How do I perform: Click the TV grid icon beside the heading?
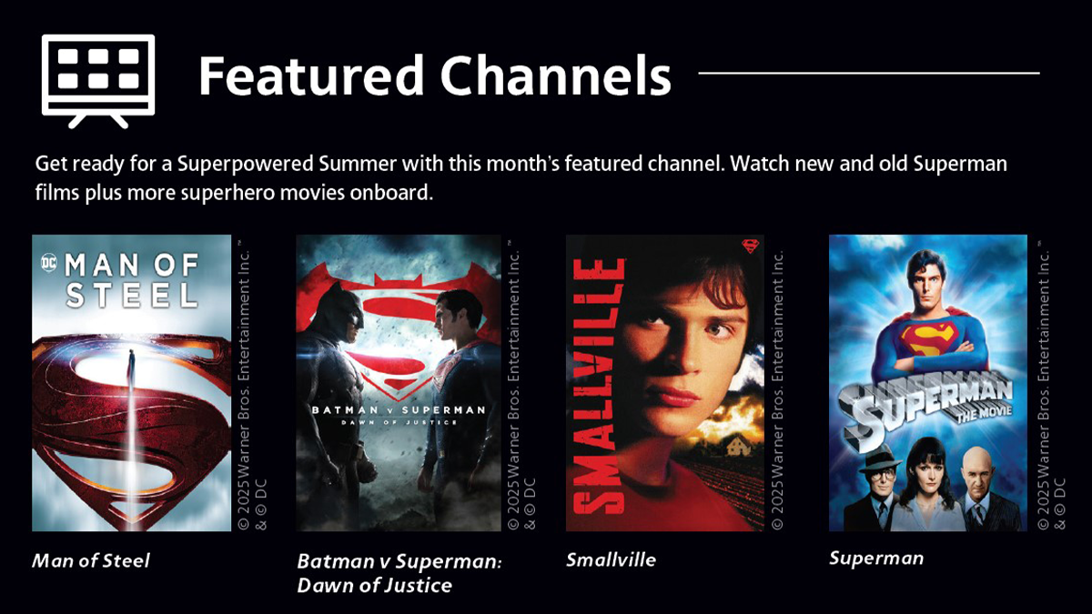point(98,81)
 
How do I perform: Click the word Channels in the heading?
point(556,75)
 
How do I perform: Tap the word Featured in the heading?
point(310,75)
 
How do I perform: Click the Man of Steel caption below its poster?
point(91,560)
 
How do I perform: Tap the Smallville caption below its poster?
point(611,560)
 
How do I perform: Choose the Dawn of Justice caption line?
point(374,585)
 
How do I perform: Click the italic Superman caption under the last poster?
point(876,559)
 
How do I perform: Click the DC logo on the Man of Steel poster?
point(49,263)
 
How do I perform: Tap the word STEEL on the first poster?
point(132,296)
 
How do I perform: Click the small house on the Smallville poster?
point(736,446)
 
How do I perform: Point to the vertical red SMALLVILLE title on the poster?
point(599,386)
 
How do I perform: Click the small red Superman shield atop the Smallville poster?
point(750,246)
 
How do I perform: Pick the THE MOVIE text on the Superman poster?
point(984,413)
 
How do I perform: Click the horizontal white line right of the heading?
point(869,73)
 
